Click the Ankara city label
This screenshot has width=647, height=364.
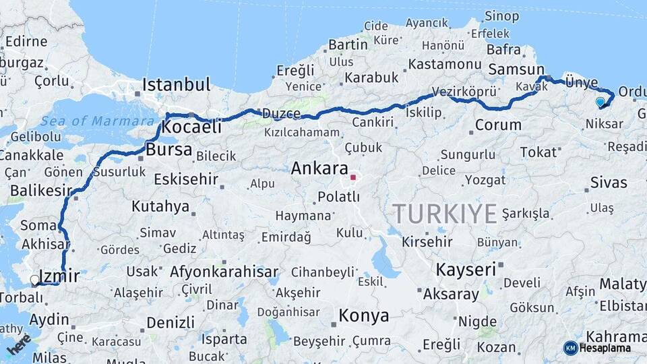coord(319,169)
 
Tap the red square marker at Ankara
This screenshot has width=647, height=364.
coord(352,177)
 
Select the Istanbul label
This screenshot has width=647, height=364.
coord(176,85)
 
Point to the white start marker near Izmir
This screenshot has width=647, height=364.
coord(35,279)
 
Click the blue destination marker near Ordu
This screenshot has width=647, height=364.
coord(600,102)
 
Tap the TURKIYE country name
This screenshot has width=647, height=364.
coord(445,214)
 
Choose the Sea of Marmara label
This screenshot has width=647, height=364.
coord(98,121)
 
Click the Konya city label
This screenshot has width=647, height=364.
coord(363,315)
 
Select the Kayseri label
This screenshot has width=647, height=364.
coord(466,270)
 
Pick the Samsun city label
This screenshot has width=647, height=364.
coord(516,69)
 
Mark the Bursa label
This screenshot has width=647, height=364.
coord(169,149)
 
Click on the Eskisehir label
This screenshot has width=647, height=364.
coord(185,179)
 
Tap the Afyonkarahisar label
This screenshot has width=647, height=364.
coord(224,272)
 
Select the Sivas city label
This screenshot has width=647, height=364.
coord(608,182)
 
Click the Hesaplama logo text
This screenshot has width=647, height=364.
coord(605,348)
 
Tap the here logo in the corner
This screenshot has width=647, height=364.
coord(19,344)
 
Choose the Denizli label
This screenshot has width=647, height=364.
coord(171,322)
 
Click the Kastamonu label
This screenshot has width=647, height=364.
coord(444,64)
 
